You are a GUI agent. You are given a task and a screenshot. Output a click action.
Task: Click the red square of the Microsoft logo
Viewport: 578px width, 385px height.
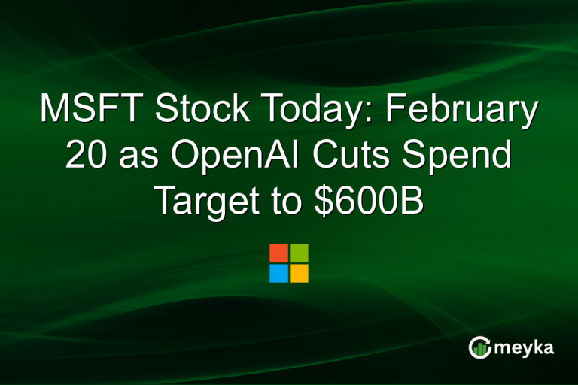pyautogui.click(x=278, y=253)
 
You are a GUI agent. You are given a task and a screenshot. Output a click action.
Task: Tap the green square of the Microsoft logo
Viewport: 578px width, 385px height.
pyautogui.click(x=299, y=253)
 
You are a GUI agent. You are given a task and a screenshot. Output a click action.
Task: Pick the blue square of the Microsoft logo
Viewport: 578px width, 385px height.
pyautogui.click(x=278, y=273)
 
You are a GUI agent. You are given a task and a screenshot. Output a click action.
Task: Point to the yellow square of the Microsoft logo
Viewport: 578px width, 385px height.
pyautogui.click(x=299, y=273)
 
